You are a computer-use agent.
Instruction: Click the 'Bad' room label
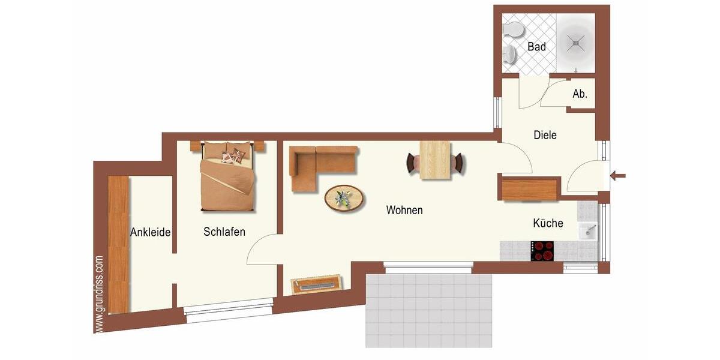536,46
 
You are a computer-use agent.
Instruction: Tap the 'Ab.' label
580,94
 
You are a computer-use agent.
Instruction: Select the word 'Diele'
545,135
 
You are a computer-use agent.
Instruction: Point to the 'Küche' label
548,223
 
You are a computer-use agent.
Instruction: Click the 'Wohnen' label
404,210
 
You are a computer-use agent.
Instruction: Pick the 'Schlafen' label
224,232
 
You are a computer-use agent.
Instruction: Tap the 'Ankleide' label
151,232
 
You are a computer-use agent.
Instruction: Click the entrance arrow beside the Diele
618,176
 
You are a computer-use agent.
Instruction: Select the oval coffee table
344,198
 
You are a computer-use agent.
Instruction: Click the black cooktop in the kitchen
544,250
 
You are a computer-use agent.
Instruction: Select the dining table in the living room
435,160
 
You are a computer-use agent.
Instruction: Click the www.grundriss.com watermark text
99,294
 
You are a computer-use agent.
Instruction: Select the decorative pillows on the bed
233,156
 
